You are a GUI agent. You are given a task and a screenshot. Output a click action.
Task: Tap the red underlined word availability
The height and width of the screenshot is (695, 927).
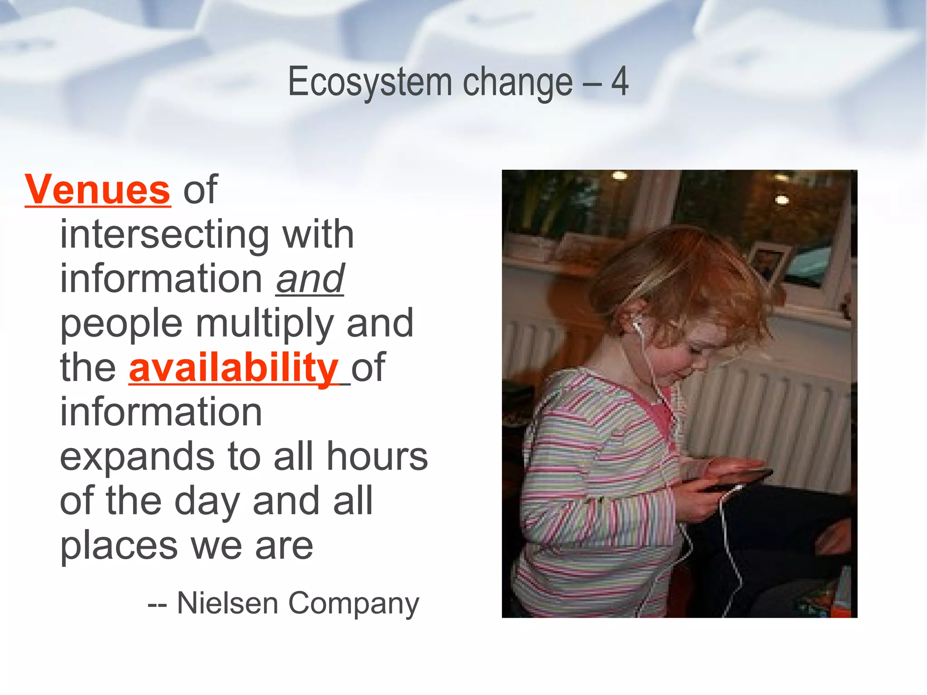pyautogui.click(x=234, y=367)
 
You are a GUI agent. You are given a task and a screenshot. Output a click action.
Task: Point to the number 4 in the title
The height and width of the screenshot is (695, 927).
pyautogui.click(x=620, y=82)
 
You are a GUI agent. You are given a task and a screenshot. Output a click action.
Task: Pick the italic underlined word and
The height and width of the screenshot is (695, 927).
pyautogui.click(x=310, y=279)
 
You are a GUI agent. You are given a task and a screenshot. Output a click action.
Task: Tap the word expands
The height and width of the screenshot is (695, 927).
pyautogui.click(x=137, y=457)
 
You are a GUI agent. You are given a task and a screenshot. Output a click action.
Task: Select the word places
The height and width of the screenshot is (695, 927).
pyautogui.click(x=119, y=546)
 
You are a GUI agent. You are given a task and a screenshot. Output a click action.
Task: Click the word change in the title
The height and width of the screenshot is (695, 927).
pyautogui.click(x=517, y=83)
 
